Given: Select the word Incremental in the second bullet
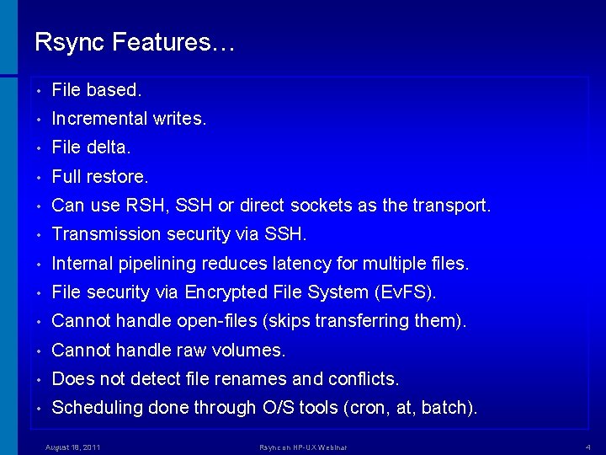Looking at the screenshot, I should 99,119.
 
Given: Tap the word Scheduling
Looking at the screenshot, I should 97,408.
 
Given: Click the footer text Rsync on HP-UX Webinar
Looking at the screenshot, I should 303,447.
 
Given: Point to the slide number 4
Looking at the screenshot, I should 587,447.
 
